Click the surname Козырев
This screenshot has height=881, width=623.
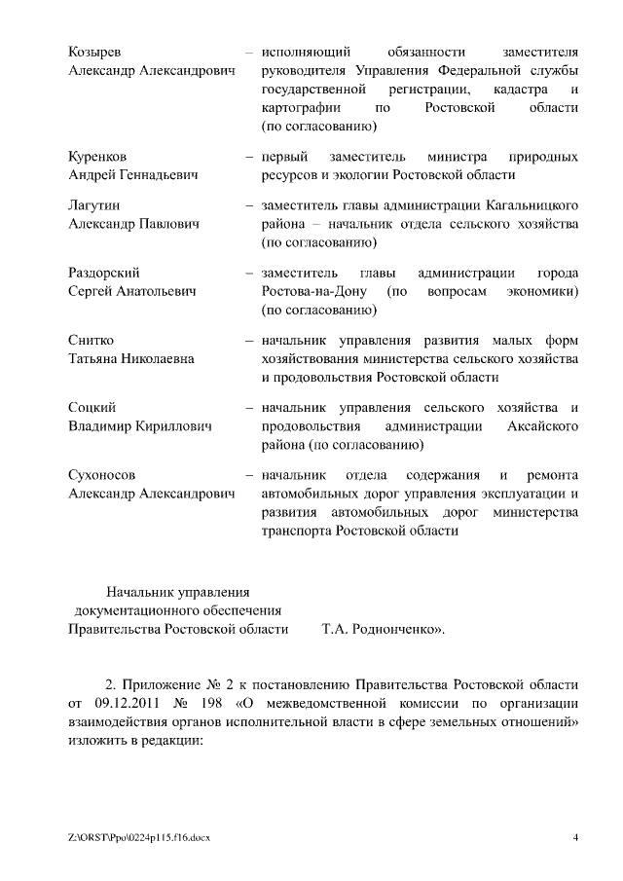point(95,51)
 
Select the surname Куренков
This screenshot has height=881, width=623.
point(97,157)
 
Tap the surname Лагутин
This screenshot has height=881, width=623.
point(93,205)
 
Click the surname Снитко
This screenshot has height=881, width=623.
point(91,340)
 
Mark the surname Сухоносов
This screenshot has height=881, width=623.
point(102,475)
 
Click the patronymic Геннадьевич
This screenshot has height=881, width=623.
point(158,175)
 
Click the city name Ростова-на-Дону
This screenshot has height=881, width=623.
point(313,292)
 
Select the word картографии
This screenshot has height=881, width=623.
point(300,107)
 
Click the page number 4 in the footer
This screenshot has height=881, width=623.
point(575,837)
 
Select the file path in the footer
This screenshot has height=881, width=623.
point(139,837)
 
